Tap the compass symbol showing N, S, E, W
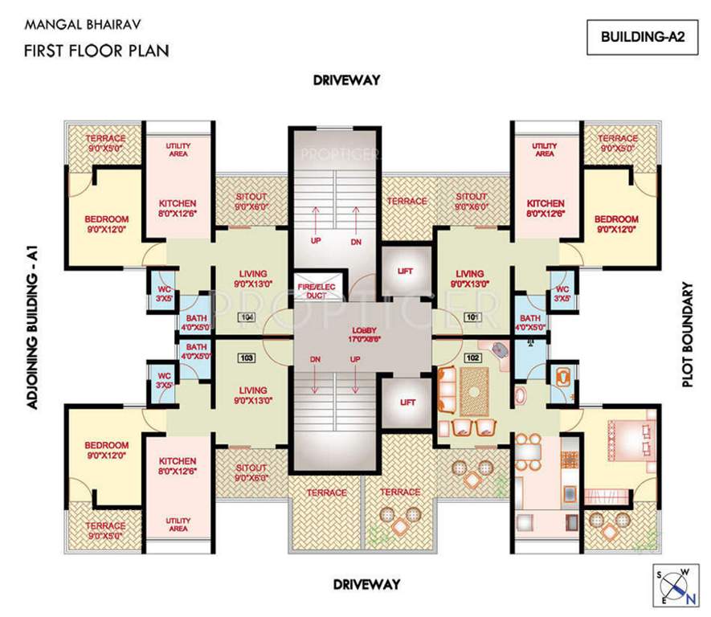click(x=674, y=584)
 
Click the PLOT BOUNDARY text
click(x=688, y=334)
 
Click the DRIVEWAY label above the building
click(x=346, y=80)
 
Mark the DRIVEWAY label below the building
click(x=367, y=584)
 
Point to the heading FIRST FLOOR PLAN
click(x=96, y=51)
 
